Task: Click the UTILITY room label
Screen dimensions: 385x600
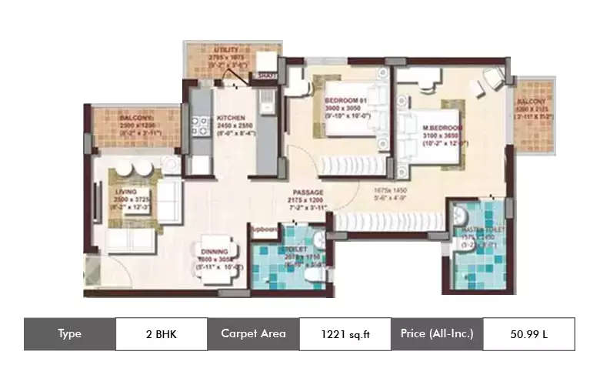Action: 226,50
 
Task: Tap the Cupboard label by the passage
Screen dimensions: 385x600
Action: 264,228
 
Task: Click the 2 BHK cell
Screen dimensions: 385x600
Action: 161,334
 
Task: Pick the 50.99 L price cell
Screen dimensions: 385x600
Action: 528,334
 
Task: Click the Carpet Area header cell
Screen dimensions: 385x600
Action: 253,334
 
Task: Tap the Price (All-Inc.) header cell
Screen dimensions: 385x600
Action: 436,334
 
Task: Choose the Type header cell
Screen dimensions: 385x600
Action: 69,334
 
